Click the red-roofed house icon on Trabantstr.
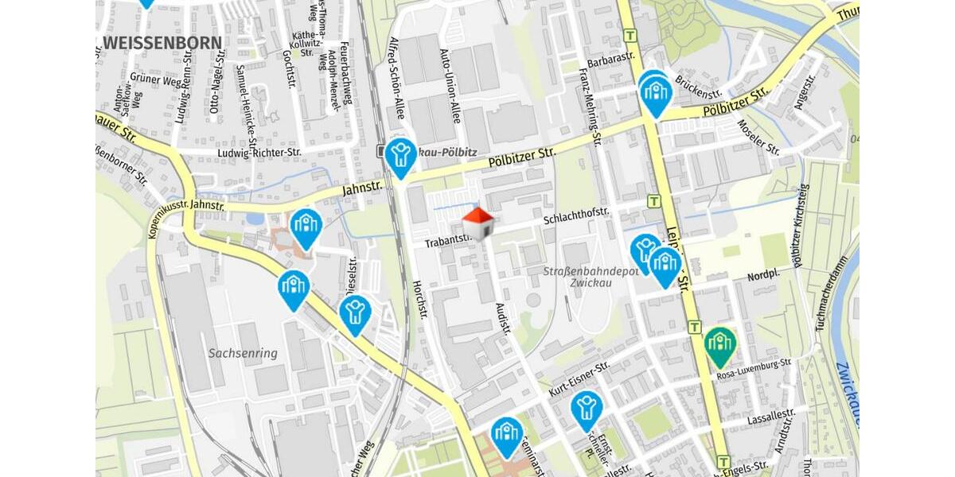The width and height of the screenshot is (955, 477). click(477, 223)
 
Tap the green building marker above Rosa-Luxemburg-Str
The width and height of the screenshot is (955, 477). click(720, 344)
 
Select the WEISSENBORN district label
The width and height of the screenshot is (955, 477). click(163, 42)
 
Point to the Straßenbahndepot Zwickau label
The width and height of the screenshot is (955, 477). click(591, 277)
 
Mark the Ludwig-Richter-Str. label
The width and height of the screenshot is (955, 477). click(259, 152)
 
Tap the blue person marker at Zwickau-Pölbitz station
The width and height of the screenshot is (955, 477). click(400, 155)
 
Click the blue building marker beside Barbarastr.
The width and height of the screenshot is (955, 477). click(656, 94)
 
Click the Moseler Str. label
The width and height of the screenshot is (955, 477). click(758, 137)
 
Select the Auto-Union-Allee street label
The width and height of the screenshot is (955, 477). click(450, 87)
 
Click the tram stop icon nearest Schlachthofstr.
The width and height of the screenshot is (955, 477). click(654, 202)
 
